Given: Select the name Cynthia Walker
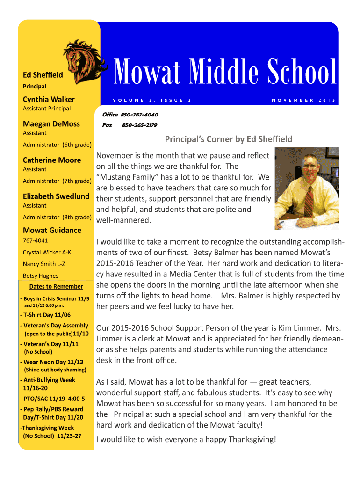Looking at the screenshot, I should pyautogui.click(x=49, y=99).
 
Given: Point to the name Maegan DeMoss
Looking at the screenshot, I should pyautogui.click(x=51, y=124).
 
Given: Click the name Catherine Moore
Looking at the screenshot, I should pyautogui.click(x=52, y=160).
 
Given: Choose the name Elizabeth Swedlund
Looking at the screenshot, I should pyautogui.click(x=56, y=196).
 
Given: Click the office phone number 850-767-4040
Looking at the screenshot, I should pyautogui.click(x=139, y=115).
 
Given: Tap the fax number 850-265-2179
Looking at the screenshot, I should pyautogui.click(x=139, y=125).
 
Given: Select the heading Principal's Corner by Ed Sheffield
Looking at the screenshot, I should pyautogui.click(x=229, y=139).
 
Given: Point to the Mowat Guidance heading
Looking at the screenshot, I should pyautogui.click(x=52, y=230).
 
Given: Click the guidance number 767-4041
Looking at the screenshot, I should pyautogui.click(x=36, y=241).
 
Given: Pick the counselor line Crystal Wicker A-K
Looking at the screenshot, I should pyautogui.click(x=47, y=253).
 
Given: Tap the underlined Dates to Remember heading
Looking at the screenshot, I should pyautogui.click(x=56, y=286).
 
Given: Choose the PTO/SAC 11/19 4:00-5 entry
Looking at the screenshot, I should pyautogui.click(x=52, y=399).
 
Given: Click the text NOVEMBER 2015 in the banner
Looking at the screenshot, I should pyautogui.click(x=304, y=100).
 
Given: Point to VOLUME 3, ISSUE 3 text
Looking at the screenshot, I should pyautogui.click(x=151, y=100).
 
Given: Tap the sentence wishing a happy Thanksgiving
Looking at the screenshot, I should pyautogui.click(x=186, y=439).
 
